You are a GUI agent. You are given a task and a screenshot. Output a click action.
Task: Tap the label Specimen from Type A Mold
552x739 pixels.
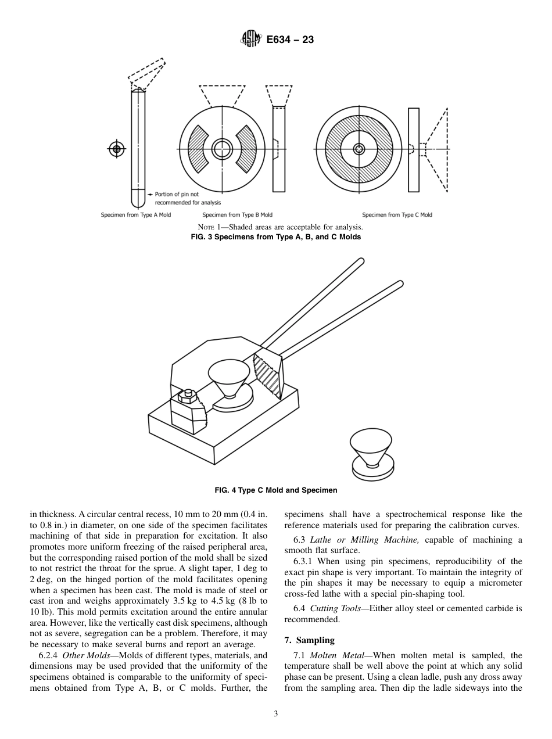click(x=136, y=215)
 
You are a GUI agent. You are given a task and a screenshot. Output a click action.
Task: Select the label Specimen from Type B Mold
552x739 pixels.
click(x=237, y=215)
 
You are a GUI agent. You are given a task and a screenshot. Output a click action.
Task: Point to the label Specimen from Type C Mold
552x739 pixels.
click(x=397, y=215)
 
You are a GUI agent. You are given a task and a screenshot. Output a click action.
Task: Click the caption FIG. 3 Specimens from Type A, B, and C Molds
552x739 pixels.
click(x=276, y=237)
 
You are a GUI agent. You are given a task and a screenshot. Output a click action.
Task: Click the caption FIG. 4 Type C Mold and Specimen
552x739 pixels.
click(x=276, y=490)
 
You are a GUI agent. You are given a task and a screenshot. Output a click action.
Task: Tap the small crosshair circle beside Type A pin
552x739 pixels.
click(x=117, y=149)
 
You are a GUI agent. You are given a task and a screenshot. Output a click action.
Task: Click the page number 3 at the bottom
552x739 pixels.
click(x=276, y=713)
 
